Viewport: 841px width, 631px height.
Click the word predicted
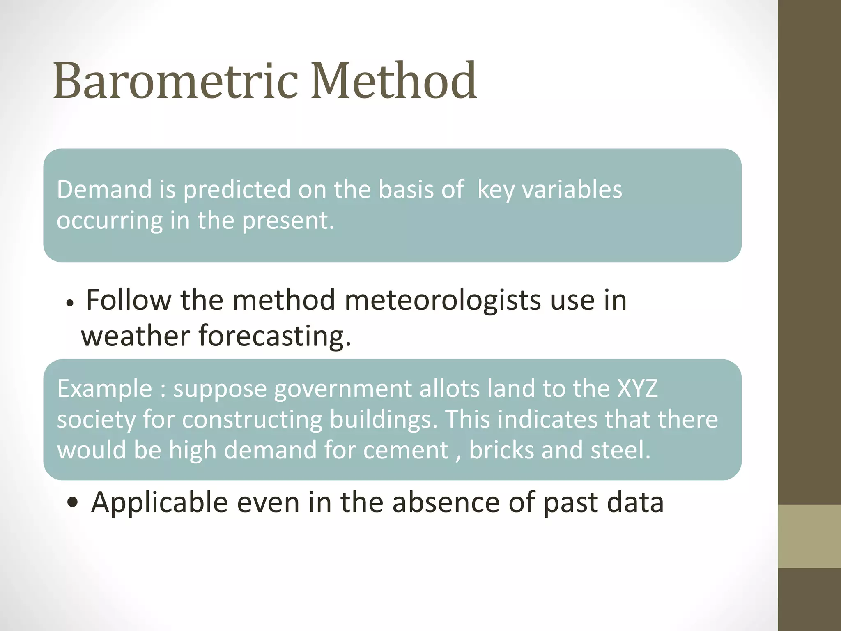[237, 190]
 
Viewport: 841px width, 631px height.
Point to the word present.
[287, 221]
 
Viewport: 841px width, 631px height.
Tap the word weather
[136, 336]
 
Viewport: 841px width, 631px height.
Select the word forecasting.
[275, 336]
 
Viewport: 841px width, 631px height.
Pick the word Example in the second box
[105, 389]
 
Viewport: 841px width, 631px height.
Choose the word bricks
[501, 450]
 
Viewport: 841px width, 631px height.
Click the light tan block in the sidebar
[809, 536]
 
